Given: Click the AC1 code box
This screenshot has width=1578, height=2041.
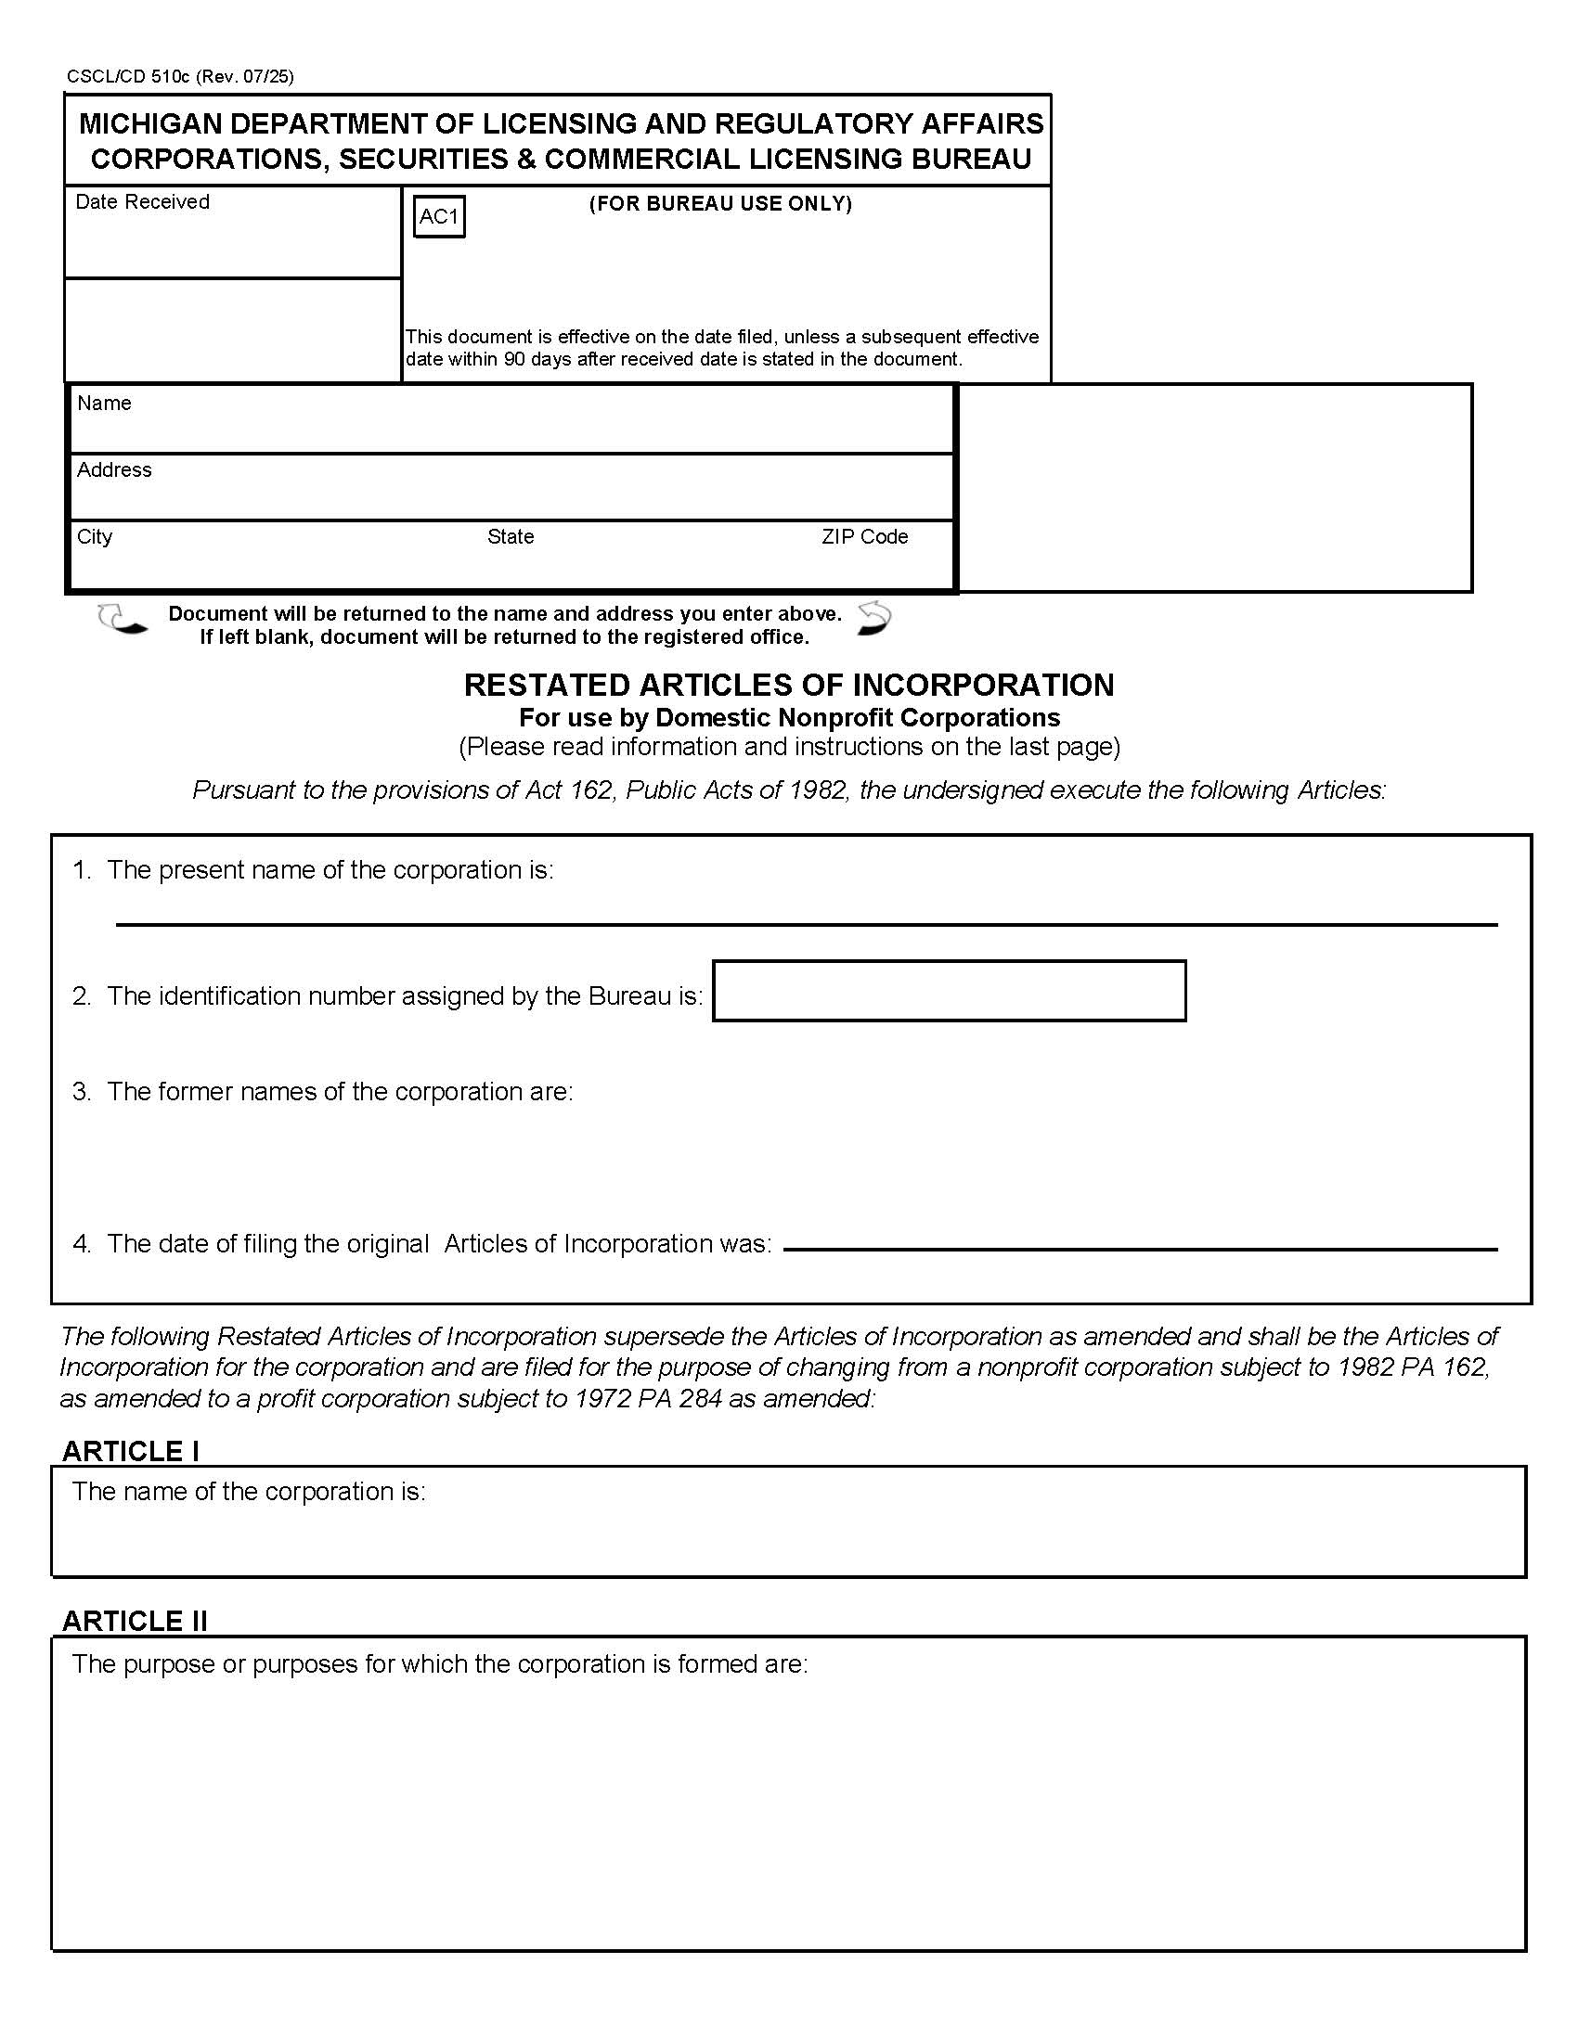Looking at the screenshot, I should (438, 217).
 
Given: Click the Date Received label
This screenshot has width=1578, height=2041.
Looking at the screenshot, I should (142, 202).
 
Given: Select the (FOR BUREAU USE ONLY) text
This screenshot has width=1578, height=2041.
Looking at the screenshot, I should (719, 204).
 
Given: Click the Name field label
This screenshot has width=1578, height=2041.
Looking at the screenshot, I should (104, 403).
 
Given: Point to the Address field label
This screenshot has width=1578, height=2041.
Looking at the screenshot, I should (114, 470).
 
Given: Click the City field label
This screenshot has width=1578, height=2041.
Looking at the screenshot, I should (95, 536).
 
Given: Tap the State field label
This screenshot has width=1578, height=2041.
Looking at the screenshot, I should (511, 536).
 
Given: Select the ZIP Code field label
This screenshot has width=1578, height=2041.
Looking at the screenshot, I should (865, 536).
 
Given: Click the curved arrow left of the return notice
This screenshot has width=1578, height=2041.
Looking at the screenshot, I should (123, 621).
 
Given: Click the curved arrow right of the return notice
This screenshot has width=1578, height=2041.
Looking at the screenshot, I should (874, 619).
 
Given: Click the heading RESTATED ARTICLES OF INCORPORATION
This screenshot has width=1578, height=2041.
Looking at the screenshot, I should (788, 685).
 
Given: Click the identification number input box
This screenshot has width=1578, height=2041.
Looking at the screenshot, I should (949, 991).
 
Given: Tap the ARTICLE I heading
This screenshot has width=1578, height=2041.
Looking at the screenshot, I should (130, 1451).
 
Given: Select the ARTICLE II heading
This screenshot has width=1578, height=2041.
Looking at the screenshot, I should (135, 1621).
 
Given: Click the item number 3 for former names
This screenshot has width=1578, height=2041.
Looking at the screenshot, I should (82, 1092).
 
